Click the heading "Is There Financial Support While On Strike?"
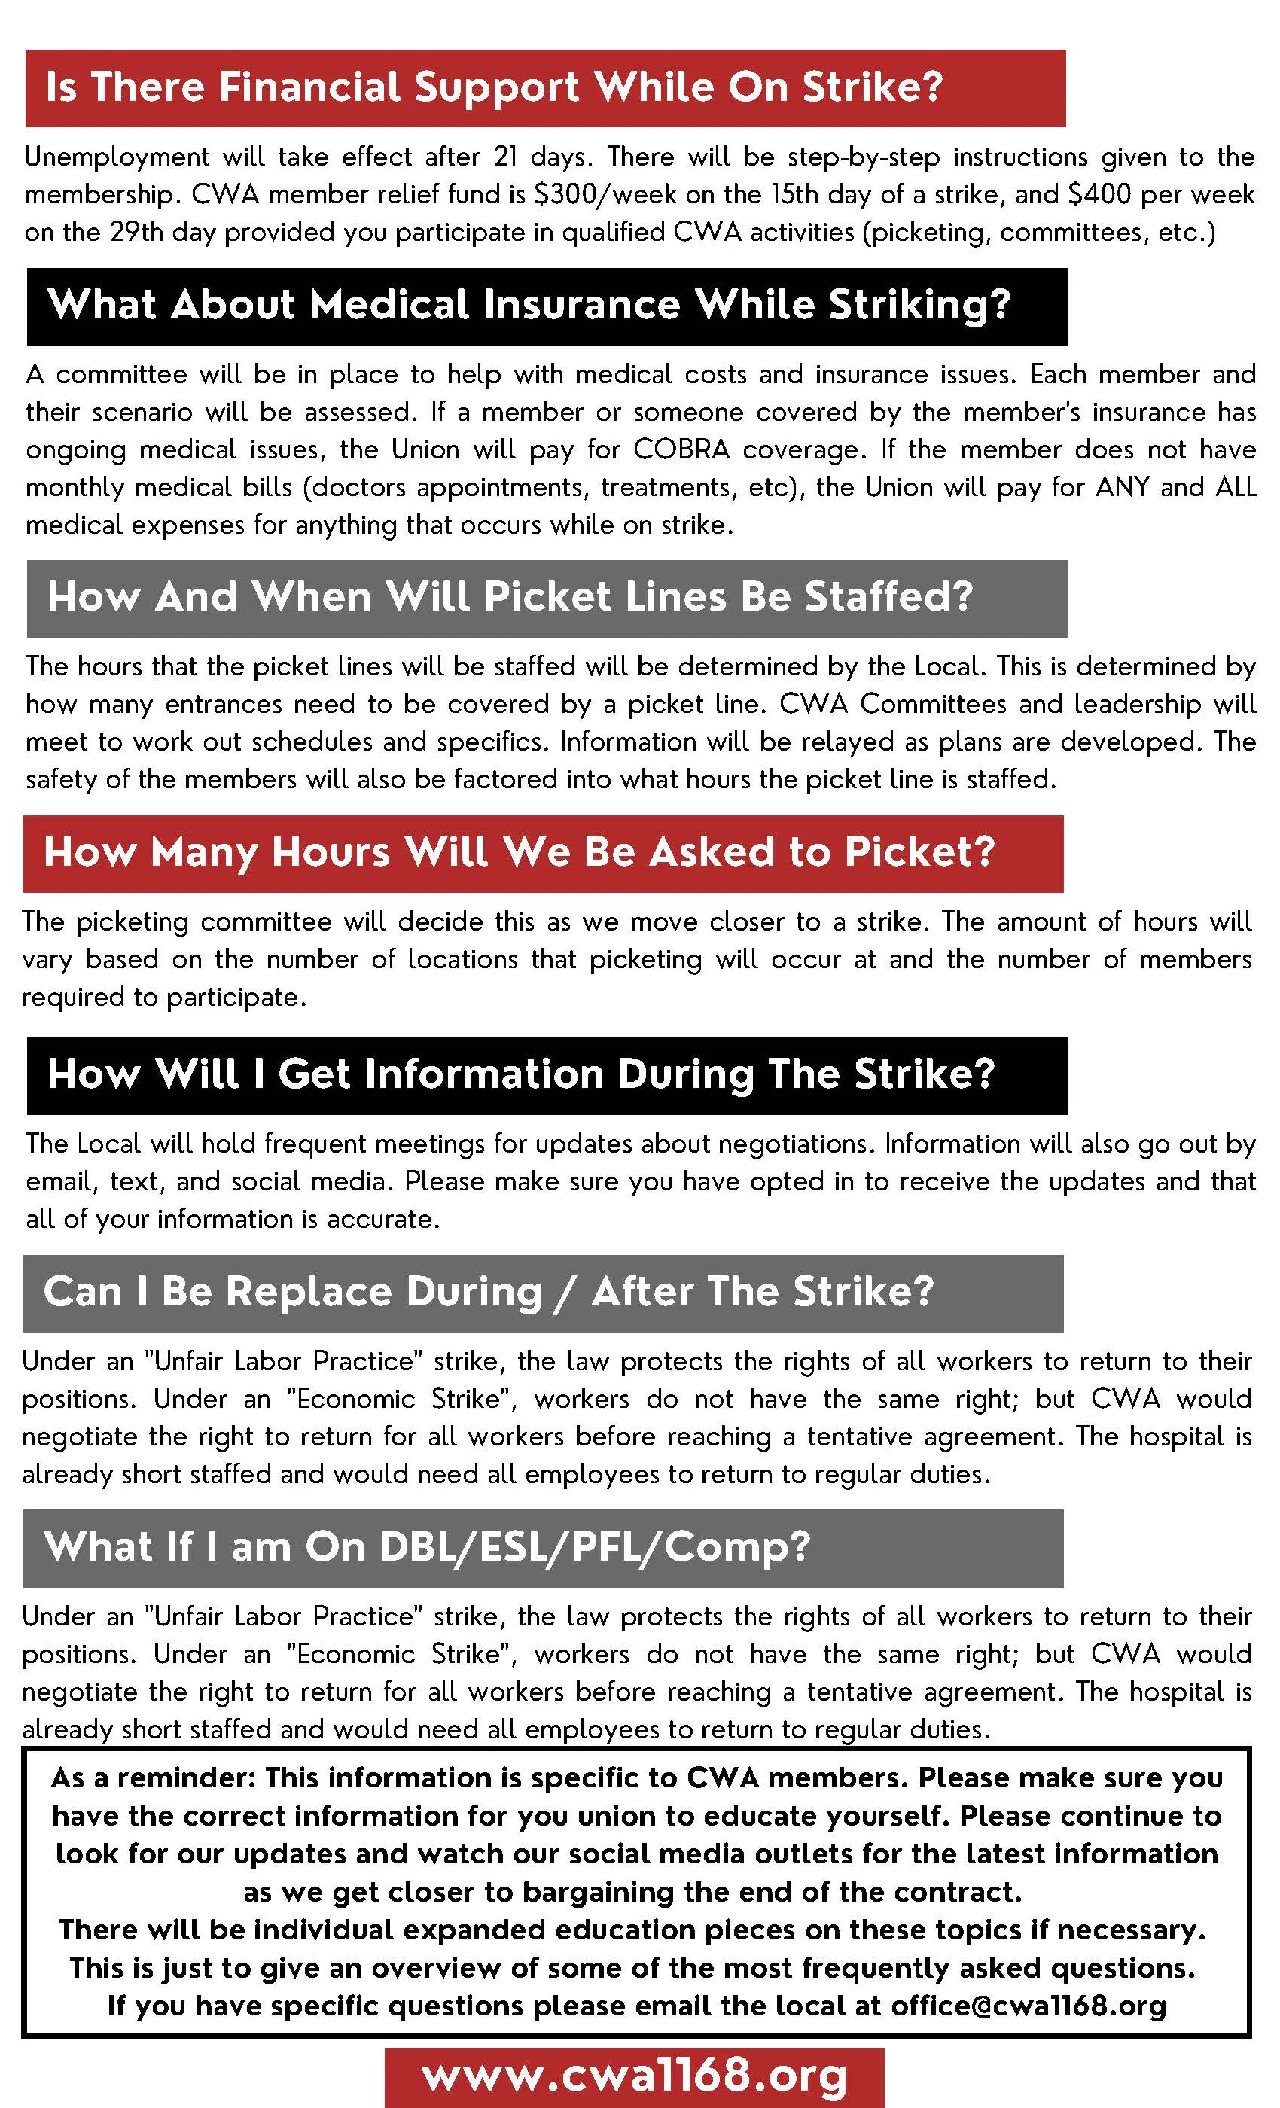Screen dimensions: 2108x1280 coord(494,87)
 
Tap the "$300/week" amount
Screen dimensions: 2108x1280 coord(606,194)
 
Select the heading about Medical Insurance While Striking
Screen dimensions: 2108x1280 coord(529,306)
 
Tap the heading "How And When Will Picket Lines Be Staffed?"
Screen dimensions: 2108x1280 coord(510,597)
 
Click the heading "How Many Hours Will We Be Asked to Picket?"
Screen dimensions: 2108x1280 coord(520,852)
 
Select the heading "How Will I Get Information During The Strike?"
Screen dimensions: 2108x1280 coord(521,1074)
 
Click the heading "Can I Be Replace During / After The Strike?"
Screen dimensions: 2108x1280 coord(489,1292)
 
